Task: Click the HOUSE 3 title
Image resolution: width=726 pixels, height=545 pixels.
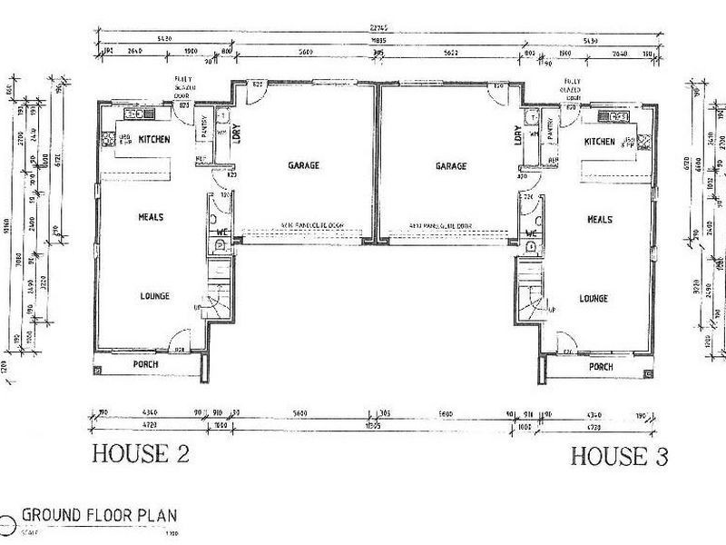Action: coord(619,456)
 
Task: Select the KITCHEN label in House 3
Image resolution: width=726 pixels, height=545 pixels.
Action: coord(600,142)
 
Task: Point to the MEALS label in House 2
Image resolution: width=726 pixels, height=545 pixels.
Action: coord(151,217)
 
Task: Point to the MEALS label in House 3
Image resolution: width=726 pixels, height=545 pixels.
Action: coord(600,220)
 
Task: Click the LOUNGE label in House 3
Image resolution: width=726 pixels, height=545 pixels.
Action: coord(593,298)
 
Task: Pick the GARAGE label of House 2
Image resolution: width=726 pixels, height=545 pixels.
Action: coord(304,166)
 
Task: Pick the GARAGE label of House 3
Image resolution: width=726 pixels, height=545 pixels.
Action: coord(450,166)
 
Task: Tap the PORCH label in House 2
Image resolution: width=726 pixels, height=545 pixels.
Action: coord(145,364)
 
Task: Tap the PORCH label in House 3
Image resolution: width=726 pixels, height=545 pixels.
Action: coord(601,367)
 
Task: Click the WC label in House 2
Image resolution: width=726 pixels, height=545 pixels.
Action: coord(220,233)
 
